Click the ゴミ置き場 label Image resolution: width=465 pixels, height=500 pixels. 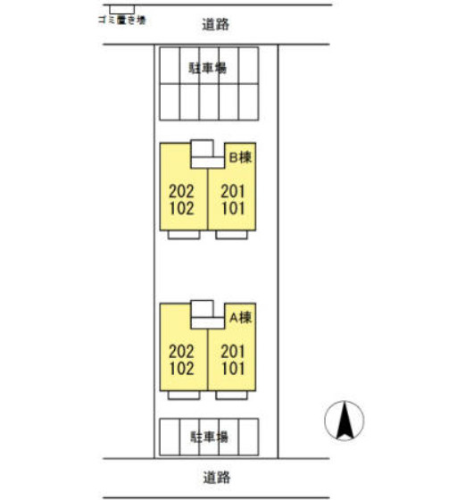(121, 20)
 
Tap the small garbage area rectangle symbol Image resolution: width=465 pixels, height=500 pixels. (121, 10)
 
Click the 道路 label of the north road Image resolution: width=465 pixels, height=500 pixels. (216, 24)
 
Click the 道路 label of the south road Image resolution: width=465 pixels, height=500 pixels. (216, 478)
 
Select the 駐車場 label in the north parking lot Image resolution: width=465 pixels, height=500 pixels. (207, 68)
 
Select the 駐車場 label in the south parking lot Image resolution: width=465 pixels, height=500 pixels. (209, 437)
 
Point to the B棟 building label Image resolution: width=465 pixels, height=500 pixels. (241, 157)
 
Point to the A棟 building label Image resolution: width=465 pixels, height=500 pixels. (241, 317)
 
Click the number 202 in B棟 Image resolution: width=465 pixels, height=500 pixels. (181, 191)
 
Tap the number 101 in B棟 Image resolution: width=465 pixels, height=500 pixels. (233, 208)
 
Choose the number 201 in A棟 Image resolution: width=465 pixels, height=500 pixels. (233, 352)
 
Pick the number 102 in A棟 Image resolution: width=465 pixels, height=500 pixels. (182, 368)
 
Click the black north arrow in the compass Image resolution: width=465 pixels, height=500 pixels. (345, 420)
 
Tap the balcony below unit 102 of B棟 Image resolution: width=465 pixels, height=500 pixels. (184, 234)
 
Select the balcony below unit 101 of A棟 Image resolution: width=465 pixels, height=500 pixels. (231, 395)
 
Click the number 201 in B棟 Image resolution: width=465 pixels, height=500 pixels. (233, 191)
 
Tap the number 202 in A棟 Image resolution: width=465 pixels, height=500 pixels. (181, 352)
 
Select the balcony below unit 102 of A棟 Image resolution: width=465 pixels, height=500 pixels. (184, 395)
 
